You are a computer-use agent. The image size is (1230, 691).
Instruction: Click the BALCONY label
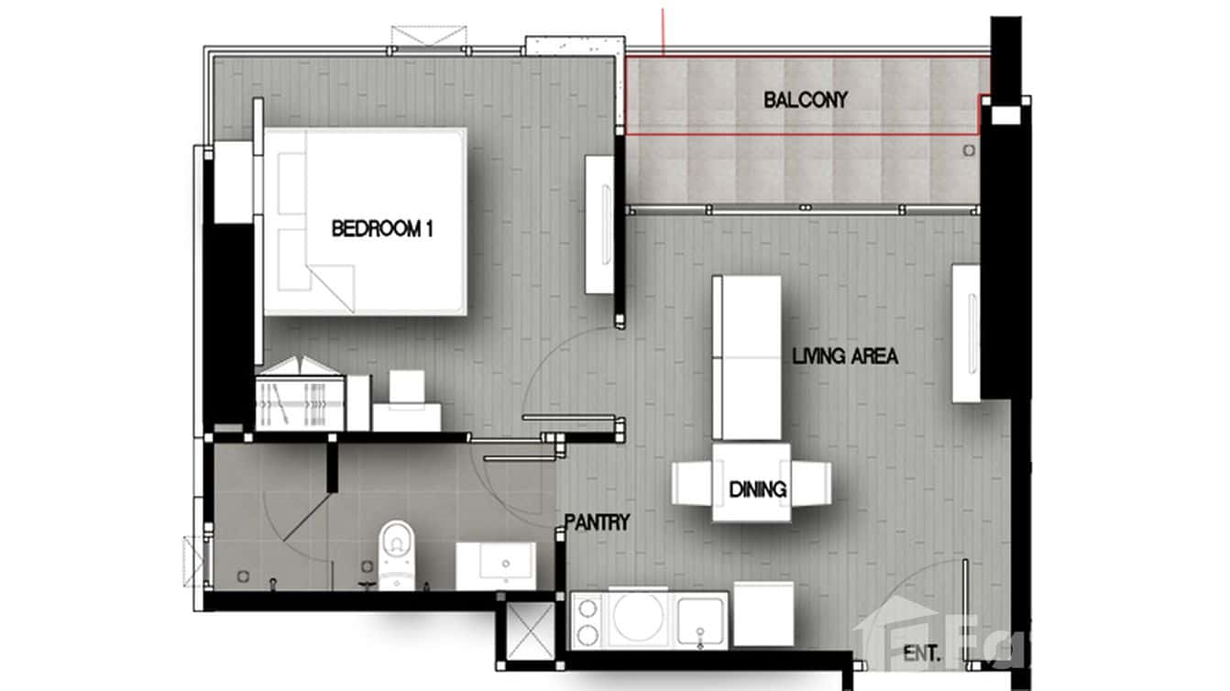click(x=806, y=100)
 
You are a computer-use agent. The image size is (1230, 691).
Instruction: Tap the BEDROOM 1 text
click(x=381, y=229)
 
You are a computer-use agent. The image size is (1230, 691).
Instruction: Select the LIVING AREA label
click(x=845, y=356)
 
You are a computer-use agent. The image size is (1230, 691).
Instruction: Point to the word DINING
click(x=758, y=490)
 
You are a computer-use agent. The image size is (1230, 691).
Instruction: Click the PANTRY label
click(x=597, y=523)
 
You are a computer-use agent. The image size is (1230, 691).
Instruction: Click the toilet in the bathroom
click(x=396, y=553)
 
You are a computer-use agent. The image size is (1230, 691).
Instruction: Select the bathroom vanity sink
click(x=496, y=564)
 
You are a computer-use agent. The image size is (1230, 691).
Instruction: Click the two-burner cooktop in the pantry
click(x=587, y=620)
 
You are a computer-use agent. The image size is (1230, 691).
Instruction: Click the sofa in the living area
click(x=746, y=357)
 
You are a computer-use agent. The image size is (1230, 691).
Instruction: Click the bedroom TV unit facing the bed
click(x=601, y=225)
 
